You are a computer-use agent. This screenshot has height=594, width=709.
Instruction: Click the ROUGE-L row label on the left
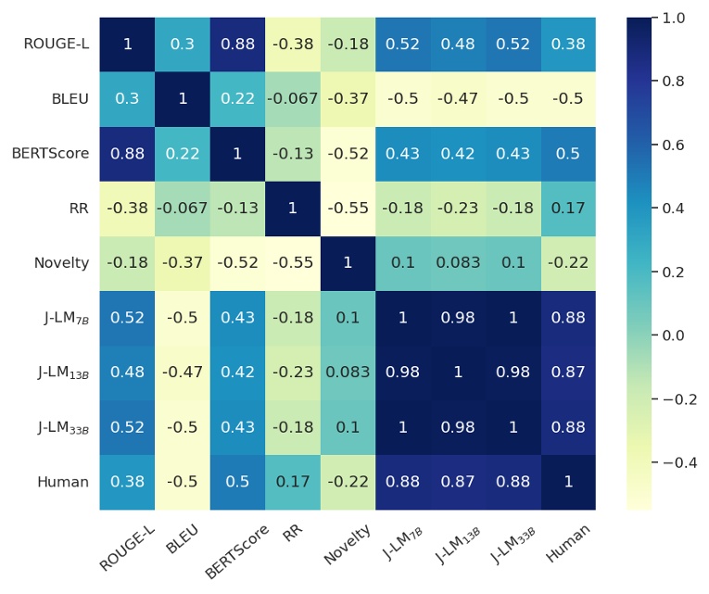coord(57,44)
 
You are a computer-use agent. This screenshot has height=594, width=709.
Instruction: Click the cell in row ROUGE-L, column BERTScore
coord(237,44)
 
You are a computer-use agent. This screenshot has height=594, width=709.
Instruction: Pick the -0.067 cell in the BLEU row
coord(293,99)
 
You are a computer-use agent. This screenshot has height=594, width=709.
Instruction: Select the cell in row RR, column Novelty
coord(348,209)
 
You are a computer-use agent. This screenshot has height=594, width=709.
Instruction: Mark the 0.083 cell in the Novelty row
coord(458,263)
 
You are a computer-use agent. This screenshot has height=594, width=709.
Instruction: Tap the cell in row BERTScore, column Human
coord(568,154)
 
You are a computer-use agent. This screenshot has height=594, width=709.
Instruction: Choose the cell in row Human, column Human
coord(568,482)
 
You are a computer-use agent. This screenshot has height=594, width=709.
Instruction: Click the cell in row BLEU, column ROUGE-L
coord(128,99)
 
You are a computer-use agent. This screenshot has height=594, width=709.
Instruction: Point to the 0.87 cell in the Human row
coord(458,482)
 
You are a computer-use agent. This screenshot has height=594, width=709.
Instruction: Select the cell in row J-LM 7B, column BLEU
coord(183,318)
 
